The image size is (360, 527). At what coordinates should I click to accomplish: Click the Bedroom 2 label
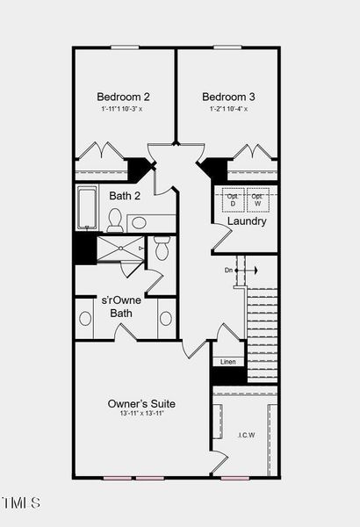(123, 97)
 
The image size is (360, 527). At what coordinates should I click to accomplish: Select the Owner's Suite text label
(141, 403)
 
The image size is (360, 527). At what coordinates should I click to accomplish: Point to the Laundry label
(247, 221)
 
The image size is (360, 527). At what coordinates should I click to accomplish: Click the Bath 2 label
(126, 196)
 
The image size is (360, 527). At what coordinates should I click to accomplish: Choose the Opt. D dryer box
(233, 200)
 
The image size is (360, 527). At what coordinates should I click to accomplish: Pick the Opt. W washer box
(257, 200)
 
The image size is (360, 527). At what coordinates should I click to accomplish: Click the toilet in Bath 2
(115, 220)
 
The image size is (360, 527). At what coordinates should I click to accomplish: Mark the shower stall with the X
(119, 249)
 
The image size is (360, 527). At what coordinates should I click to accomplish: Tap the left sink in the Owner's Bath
(85, 318)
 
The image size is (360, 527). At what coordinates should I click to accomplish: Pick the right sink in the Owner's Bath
(166, 318)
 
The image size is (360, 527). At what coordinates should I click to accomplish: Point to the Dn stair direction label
(229, 270)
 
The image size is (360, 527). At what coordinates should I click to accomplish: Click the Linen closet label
(227, 361)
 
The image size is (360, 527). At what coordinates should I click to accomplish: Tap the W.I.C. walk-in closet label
(246, 434)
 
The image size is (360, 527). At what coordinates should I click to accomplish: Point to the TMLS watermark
(21, 503)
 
